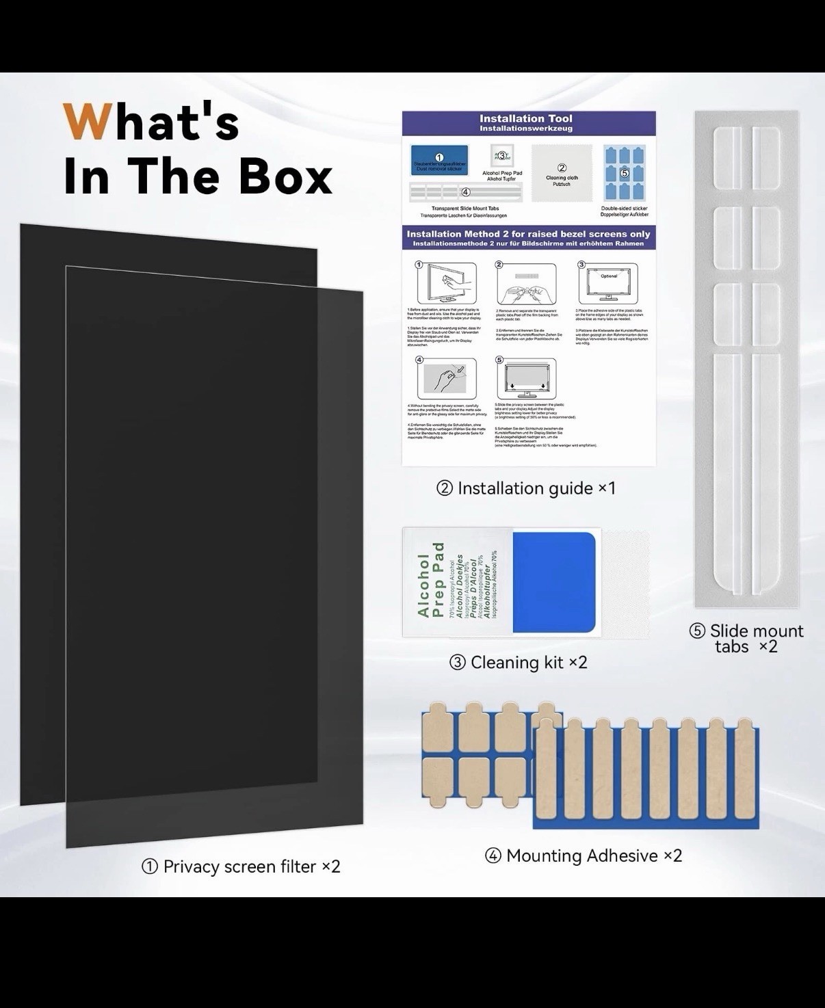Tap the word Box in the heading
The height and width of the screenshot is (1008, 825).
(285, 176)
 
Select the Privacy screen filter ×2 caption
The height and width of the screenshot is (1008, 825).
(241, 866)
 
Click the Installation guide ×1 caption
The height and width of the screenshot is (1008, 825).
(527, 488)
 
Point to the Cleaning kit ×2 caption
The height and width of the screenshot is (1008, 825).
(519, 662)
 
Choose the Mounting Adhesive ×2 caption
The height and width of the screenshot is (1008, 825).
(584, 856)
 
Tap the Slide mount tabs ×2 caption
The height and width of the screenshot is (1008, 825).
(747, 639)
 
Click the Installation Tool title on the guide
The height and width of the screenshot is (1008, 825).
(526, 119)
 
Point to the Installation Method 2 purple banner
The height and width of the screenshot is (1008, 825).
(528, 238)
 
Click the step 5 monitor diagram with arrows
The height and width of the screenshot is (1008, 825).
(525, 377)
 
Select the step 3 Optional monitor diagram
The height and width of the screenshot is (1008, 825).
(607, 282)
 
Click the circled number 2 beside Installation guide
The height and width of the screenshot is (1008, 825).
(445, 489)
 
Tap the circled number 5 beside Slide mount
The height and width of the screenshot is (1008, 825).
(697, 631)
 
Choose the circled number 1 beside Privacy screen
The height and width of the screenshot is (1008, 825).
(150, 867)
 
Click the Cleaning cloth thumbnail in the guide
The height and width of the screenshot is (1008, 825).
(562, 174)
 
